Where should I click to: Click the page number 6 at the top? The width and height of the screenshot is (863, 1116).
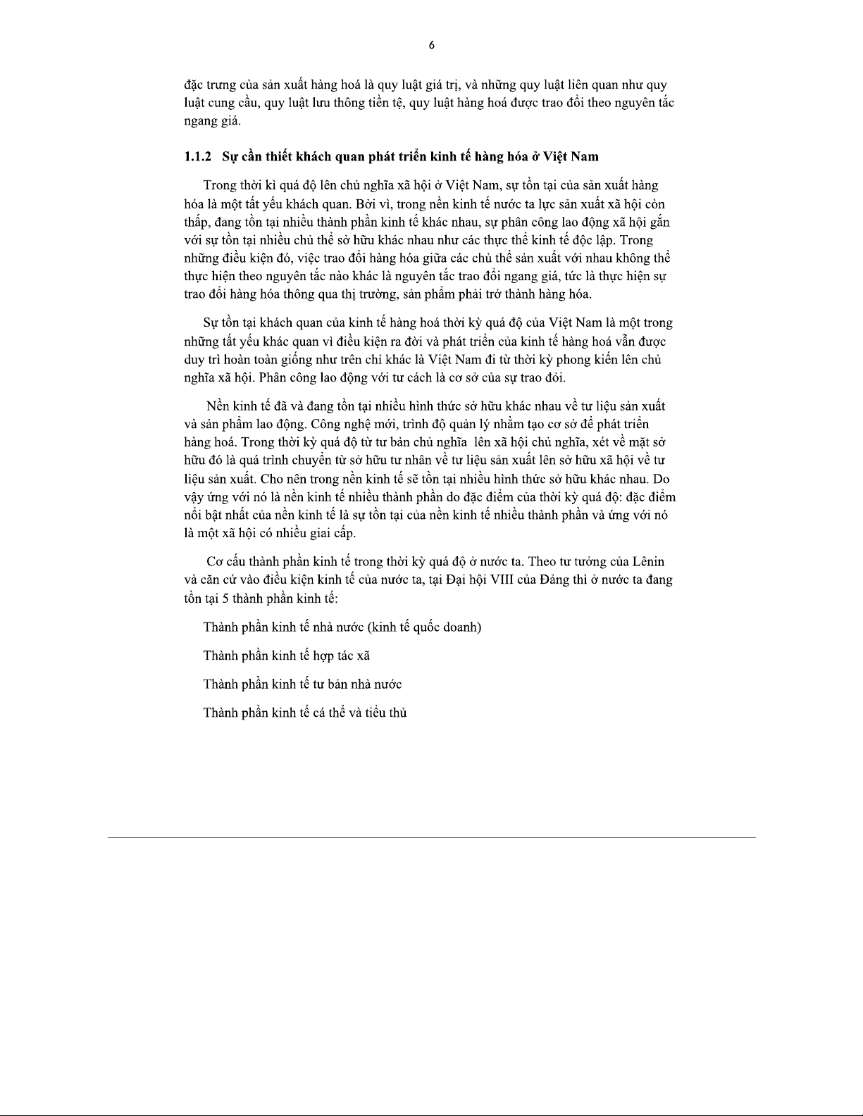[x=431, y=46]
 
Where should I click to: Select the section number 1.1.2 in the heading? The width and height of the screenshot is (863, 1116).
[x=198, y=156]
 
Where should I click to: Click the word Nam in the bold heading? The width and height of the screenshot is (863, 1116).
[x=584, y=156]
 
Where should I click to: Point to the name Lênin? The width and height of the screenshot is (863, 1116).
[x=648, y=562]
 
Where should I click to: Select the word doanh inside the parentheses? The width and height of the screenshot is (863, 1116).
[x=461, y=627]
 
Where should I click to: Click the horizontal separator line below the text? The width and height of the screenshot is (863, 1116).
[x=431, y=837]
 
